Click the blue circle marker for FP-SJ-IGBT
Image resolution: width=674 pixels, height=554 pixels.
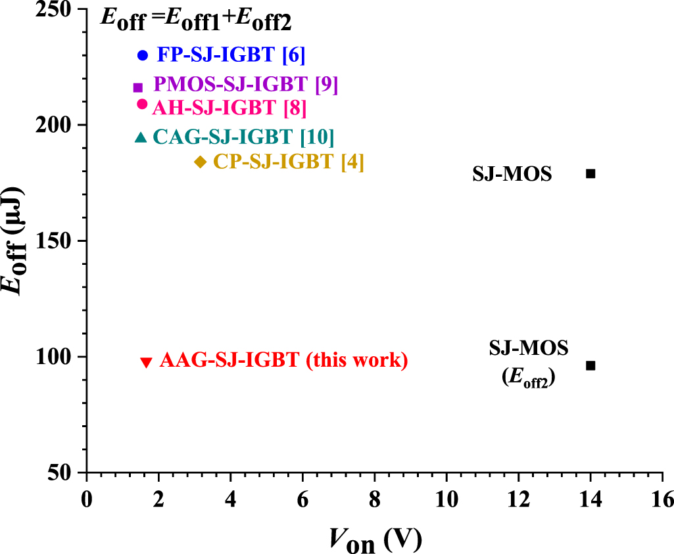pyautogui.click(x=143, y=55)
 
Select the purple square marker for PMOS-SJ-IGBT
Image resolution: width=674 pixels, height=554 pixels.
pyautogui.click(x=138, y=87)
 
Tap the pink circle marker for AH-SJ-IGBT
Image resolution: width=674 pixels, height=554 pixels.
pyautogui.click(x=142, y=104)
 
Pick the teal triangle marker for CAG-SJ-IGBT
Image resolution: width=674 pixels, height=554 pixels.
pyautogui.click(x=141, y=137)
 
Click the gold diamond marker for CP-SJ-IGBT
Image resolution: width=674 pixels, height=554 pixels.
pyautogui.click(x=201, y=162)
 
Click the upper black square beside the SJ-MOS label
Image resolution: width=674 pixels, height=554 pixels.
pyautogui.click(x=590, y=173)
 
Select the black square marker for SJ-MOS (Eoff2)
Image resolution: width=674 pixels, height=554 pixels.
pyautogui.click(x=590, y=365)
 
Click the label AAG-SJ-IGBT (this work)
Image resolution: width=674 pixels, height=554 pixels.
pyautogui.click(x=283, y=360)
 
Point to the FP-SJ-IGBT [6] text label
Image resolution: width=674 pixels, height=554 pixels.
pyautogui.click(x=231, y=55)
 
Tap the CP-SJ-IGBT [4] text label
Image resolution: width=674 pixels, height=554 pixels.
pyautogui.click(x=289, y=162)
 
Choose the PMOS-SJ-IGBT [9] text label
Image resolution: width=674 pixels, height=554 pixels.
pyautogui.click(x=246, y=84)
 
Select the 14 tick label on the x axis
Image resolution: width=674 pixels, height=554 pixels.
pyautogui.click(x=590, y=499)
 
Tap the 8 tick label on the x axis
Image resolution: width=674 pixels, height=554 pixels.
pyautogui.click(x=375, y=499)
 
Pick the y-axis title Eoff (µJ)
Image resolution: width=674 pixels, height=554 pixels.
pyautogui.click(x=14, y=241)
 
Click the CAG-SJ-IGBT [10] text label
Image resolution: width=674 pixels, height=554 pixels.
pyautogui.click(x=243, y=137)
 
